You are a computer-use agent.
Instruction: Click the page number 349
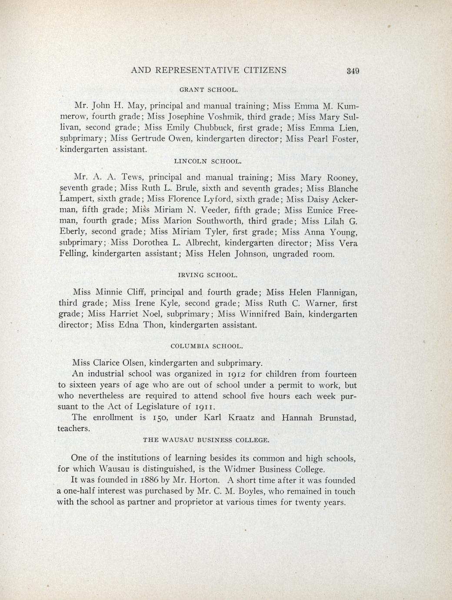pos(352,71)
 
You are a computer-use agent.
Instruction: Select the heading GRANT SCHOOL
pos(209,90)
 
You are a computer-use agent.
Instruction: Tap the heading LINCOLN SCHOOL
pos(207,161)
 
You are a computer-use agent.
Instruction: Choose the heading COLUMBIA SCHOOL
pos(207,347)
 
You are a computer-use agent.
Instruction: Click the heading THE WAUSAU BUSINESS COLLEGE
pos(206,440)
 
